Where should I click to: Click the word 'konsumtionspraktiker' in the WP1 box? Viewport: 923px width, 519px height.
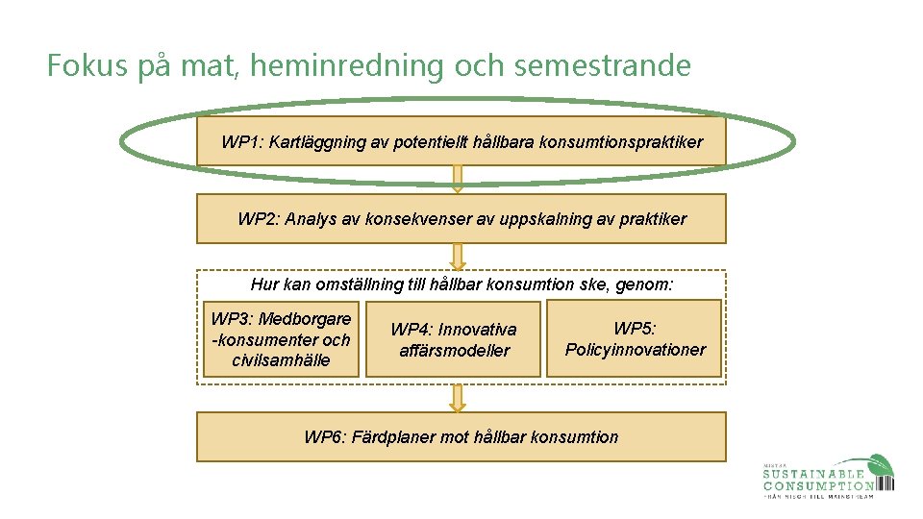click(x=621, y=142)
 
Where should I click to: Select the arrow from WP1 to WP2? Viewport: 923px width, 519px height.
click(x=458, y=179)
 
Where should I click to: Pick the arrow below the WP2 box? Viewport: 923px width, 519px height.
click(x=458, y=256)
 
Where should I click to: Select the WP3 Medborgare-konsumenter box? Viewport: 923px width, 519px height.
click(x=281, y=339)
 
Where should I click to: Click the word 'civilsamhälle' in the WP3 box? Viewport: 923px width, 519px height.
click(x=281, y=360)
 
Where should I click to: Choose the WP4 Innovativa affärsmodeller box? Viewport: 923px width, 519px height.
click(x=454, y=340)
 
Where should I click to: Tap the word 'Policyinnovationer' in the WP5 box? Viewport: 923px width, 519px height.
click(x=635, y=350)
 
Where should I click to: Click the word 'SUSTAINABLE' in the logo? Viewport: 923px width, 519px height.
click(x=813, y=473)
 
